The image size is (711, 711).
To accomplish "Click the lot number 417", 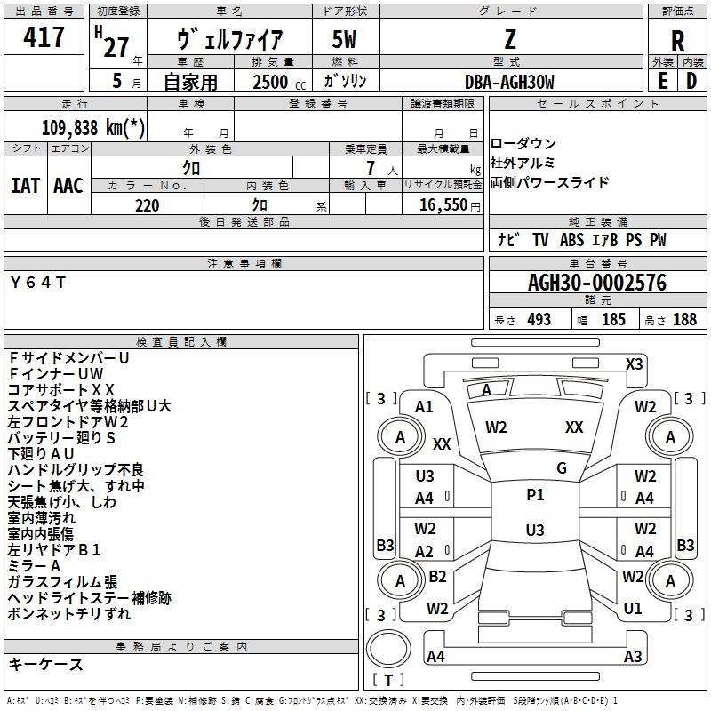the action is (44, 37).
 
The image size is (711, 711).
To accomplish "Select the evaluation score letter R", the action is (677, 40).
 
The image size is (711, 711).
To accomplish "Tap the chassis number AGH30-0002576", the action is (597, 284).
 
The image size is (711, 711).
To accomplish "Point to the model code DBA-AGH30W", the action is (509, 82).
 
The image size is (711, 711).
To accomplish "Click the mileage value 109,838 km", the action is (93, 127).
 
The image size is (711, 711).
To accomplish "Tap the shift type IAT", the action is (25, 186).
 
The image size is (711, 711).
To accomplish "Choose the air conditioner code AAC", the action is (68, 186).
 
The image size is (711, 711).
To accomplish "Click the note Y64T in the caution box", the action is (37, 283).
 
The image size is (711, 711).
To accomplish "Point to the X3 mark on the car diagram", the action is (634, 363).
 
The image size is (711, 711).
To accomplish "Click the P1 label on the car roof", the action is (535, 495).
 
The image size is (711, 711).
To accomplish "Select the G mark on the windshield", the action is (562, 468).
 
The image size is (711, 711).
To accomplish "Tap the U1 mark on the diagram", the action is (633, 609).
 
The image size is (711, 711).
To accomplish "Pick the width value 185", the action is (613, 320).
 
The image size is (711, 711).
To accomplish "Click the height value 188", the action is (684, 320).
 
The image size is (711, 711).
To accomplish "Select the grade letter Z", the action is (509, 39).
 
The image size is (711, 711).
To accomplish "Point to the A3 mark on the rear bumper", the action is (633, 656).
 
